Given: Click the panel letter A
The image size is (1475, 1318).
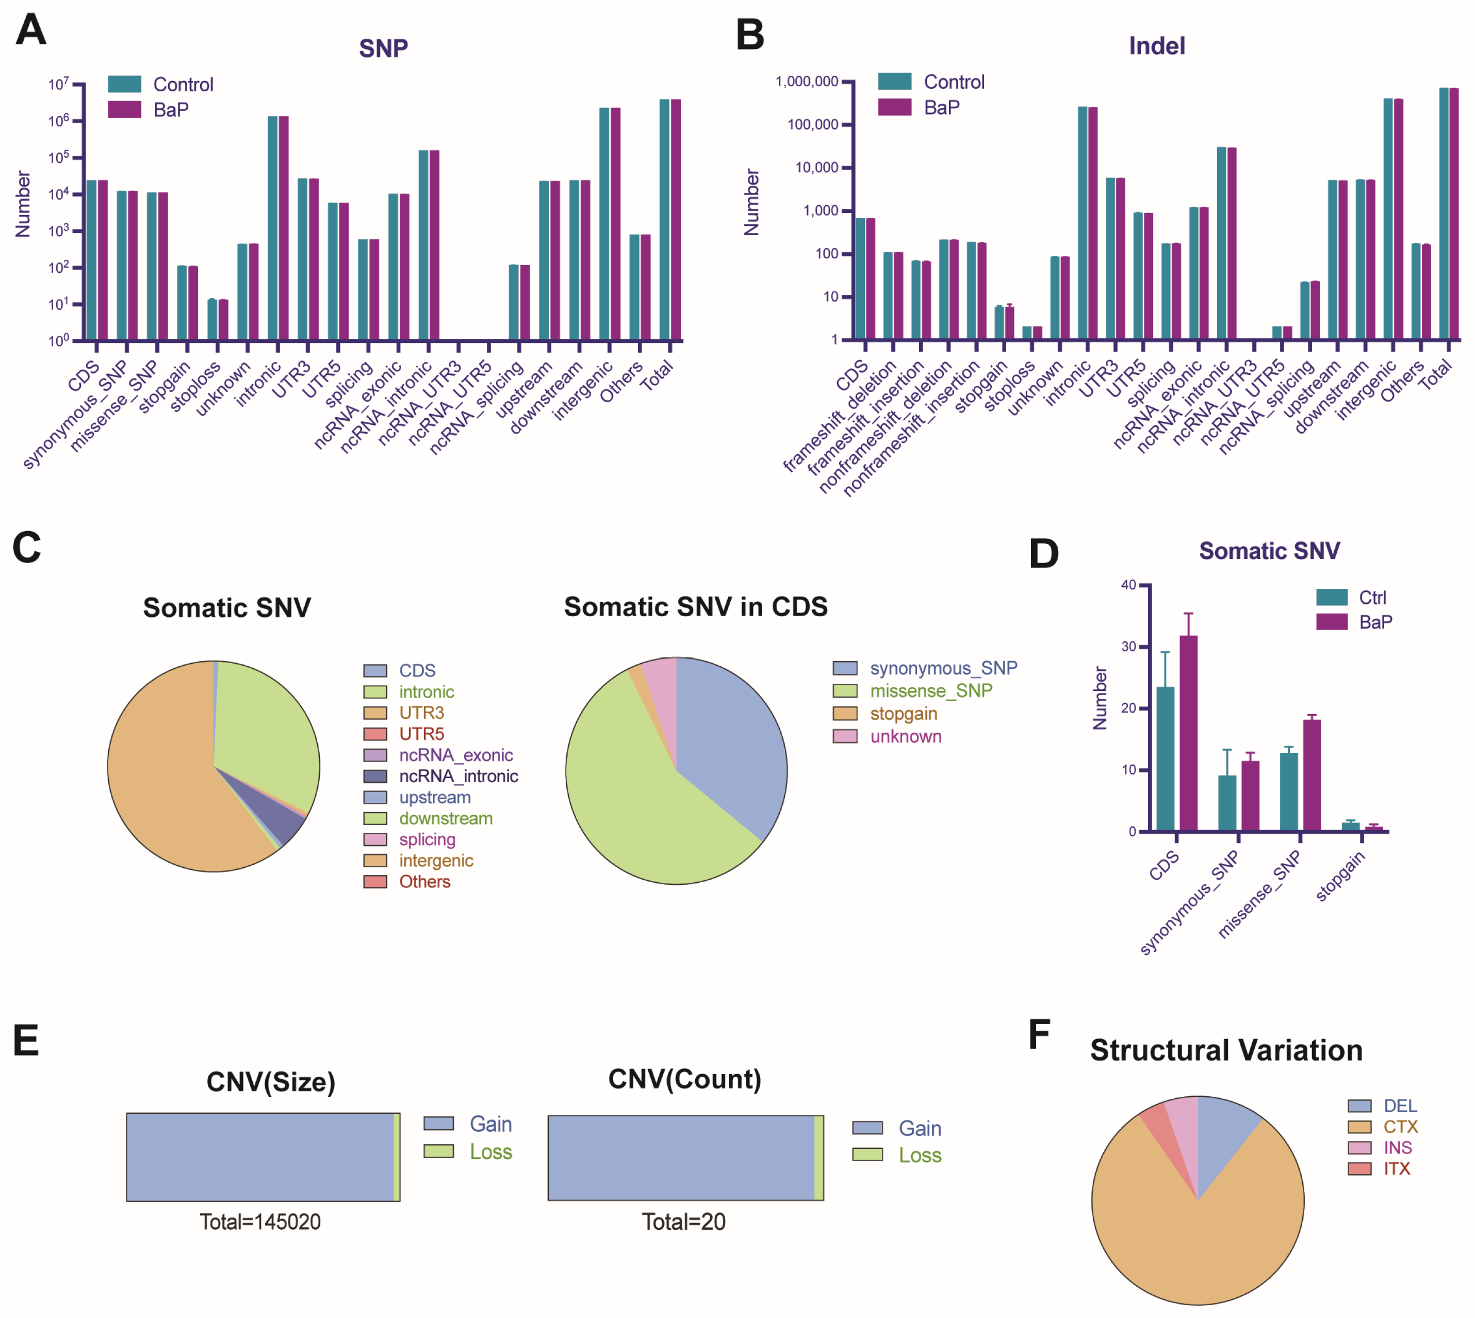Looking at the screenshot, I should click(x=30, y=30).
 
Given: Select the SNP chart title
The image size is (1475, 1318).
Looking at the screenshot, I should click(x=383, y=48).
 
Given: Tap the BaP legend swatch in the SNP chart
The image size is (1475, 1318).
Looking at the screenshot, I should click(x=124, y=109).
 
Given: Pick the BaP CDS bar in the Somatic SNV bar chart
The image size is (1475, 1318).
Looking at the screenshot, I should click(x=1188, y=733).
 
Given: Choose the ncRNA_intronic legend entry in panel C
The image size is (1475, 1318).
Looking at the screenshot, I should click(x=457, y=777).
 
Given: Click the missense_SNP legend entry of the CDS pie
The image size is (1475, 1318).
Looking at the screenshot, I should click(x=930, y=691).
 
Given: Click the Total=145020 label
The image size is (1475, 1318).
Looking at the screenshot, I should click(x=260, y=1223).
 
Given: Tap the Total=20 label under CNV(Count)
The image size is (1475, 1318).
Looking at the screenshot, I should click(x=683, y=1223).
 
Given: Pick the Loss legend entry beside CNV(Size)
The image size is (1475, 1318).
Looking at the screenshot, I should click(x=490, y=1151).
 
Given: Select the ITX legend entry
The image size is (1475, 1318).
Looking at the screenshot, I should click(x=1396, y=1169).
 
